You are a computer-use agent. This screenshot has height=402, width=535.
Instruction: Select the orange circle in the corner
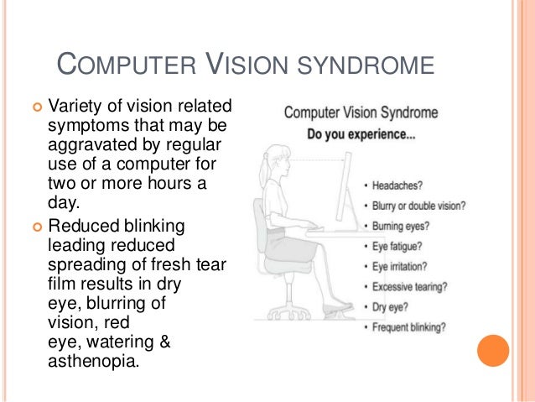tap(493, 351)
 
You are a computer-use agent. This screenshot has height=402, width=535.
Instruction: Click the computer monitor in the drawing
tap(343, 189)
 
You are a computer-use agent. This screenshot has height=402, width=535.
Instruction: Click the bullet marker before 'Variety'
tap(36, 107)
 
